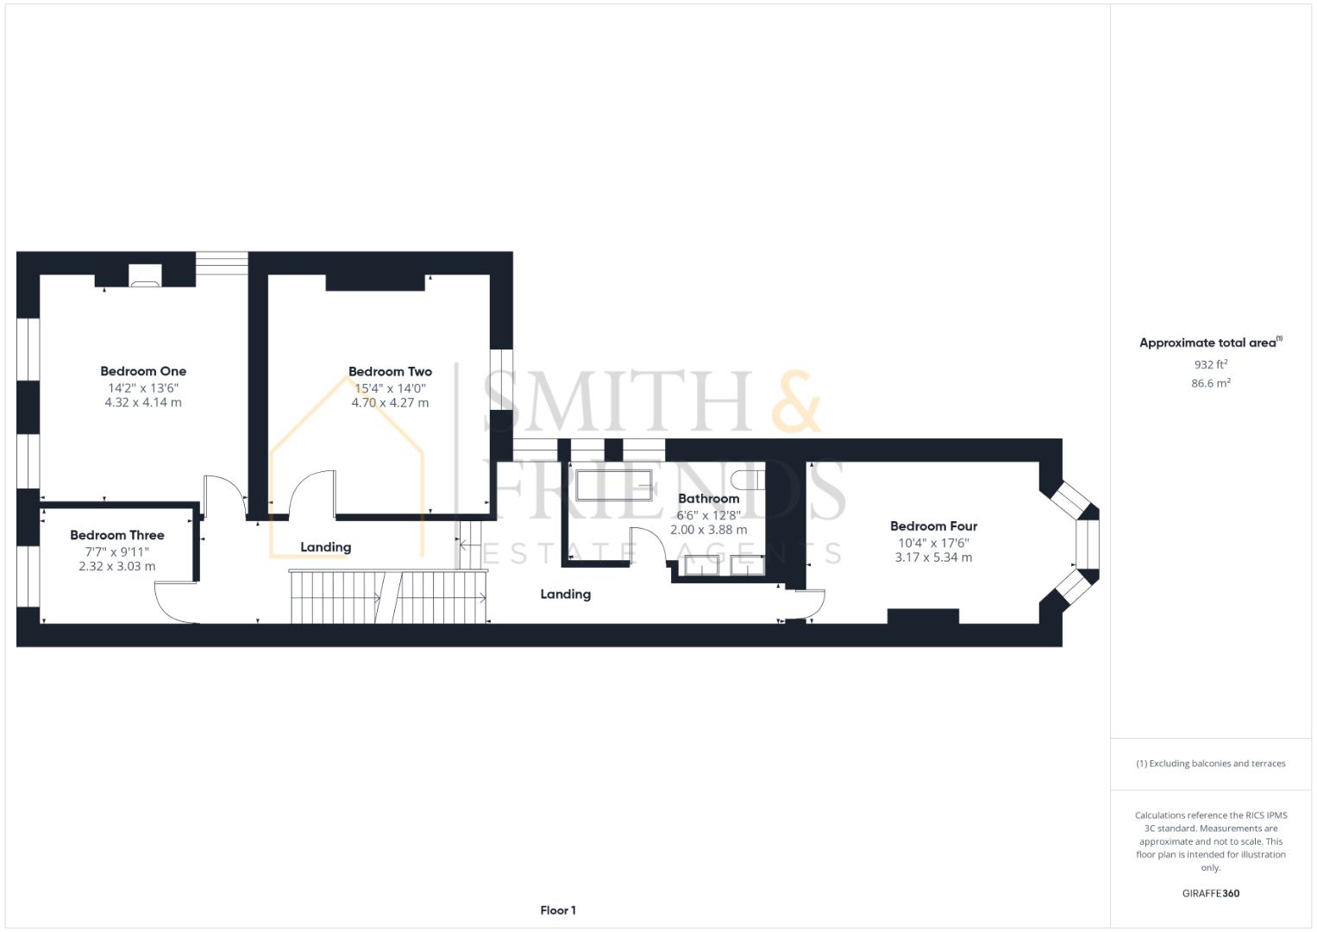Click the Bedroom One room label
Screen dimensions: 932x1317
coord(143,371)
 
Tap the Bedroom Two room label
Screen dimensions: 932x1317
coord(390,372)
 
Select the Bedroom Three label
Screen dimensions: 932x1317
coord(117,535)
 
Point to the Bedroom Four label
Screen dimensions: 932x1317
coord(933,526)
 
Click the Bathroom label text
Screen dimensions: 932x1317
coord(708,499)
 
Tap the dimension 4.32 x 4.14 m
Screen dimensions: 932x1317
coord(143,402)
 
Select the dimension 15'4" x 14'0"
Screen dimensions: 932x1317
coord(390,387)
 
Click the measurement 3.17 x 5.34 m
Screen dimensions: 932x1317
coord(933,557)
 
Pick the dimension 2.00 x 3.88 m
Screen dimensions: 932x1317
coord(708,530)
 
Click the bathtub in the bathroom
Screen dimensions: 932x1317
coord(614,485)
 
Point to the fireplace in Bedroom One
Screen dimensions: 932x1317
coord(144,275)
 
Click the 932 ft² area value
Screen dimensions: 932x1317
coord(1210,365)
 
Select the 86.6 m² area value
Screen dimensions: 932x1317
coord(1210,383)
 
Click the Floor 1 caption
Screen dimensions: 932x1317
coord(558,910)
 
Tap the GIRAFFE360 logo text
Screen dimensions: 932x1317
coord(1210,893)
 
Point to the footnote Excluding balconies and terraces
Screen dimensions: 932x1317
coord(1210,764)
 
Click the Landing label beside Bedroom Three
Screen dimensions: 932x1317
coord(325,547)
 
